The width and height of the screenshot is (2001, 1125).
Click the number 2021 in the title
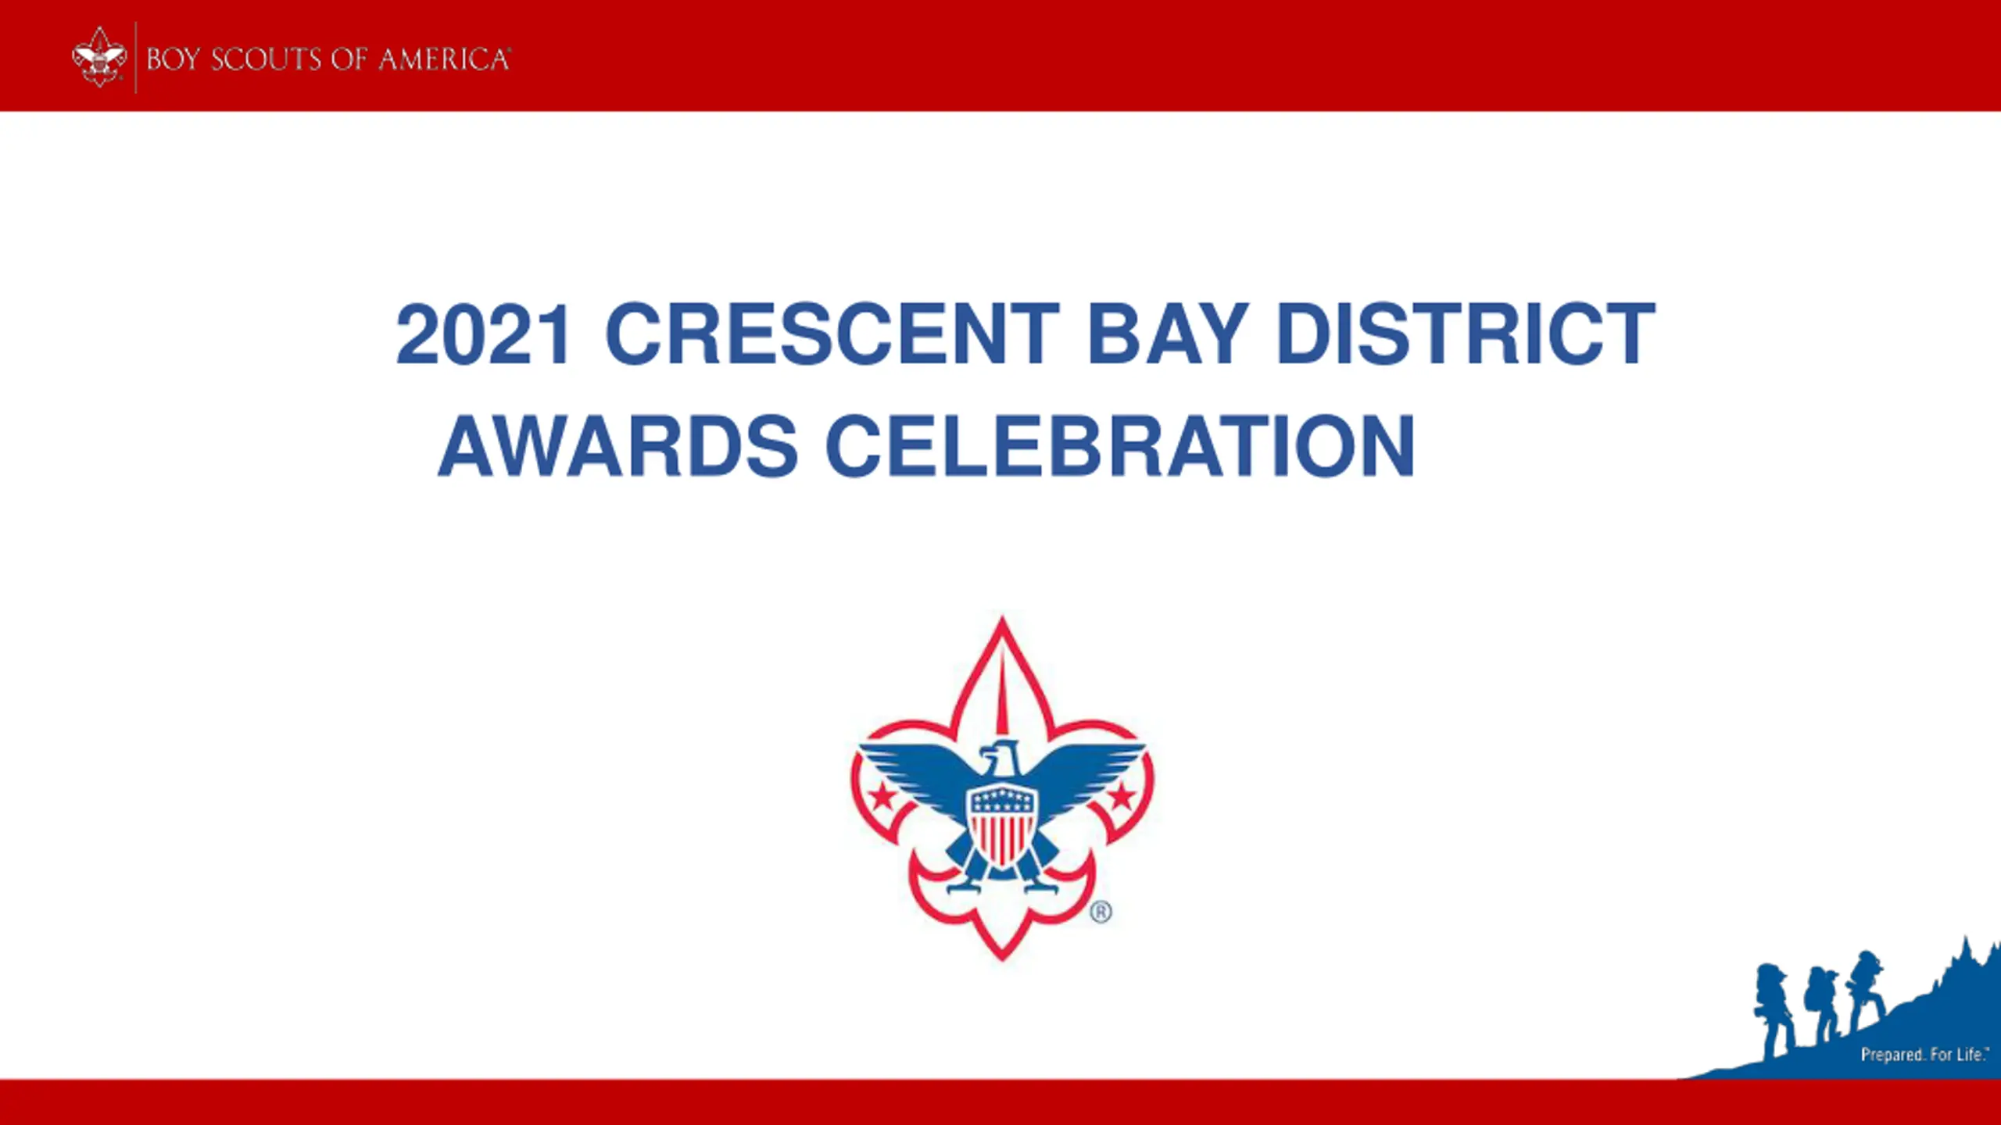pyautogui.click(x=484, y=334)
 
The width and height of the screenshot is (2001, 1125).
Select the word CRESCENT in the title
pyautogui.click(x=832, y=334)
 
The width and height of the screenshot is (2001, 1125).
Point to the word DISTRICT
pyautogui.click(x=1466, y=334)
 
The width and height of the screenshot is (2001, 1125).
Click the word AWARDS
pyautogui.click(x=617, y=446)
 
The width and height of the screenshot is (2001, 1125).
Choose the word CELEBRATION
pyautogui.click(x=1120, y=446)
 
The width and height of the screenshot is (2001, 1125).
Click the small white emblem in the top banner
pyautogui.click(x=99, y=57)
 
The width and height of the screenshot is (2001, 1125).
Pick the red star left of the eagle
pyautogui.click(x=883, y=797)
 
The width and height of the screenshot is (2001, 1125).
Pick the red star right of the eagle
pyautogui.click(x=1122, y=797)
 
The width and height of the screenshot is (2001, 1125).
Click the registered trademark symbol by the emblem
pyautogui.click(x=1101, y=912)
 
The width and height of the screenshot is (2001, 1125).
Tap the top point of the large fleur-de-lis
pyautogui.click(x=1002, y=617)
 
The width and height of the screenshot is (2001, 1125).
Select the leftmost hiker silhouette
pyautogui.click(x=1775, y=1011)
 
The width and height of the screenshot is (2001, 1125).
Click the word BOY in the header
pyautogui.click(x=173, y=59)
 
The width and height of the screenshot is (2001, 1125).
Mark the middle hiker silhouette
pyautogui.click(x=1822, y=1005)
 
